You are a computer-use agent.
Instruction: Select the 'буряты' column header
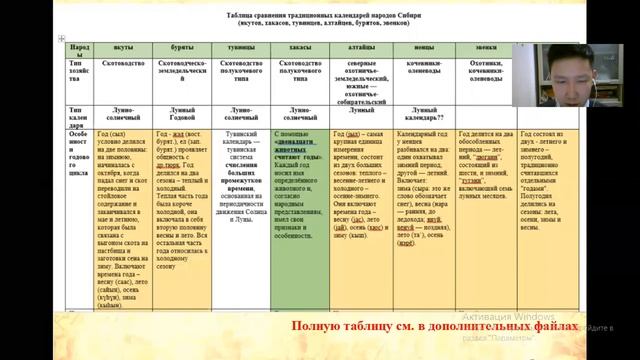click(184, 47)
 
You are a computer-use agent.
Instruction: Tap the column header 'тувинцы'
click(241, 47)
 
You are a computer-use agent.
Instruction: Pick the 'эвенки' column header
click(483, 47)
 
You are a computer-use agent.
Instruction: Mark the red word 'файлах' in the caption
click(553, 327)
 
